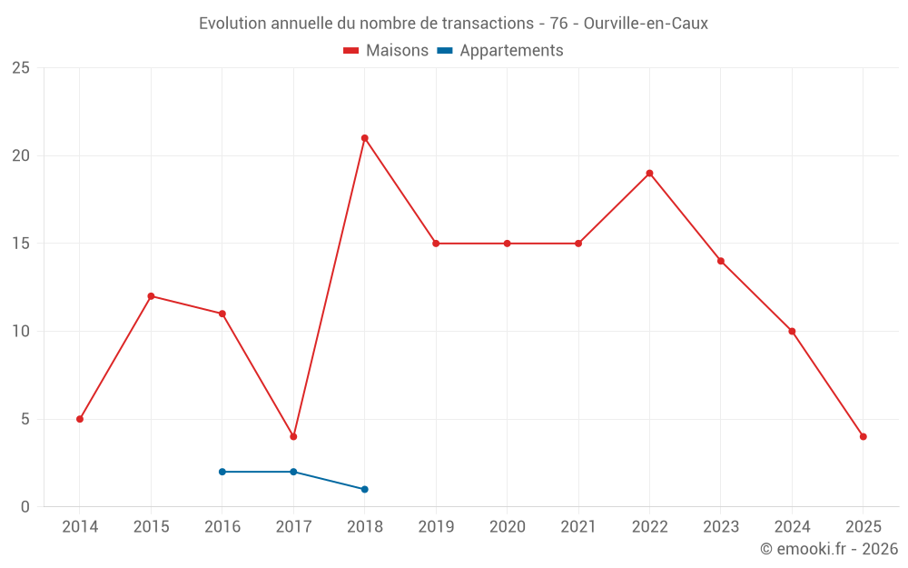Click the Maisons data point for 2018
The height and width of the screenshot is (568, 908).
[x=364, y=138]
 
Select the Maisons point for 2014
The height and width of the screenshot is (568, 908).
[x=80, y=419]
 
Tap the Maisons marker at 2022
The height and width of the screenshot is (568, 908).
[x=649, y=173]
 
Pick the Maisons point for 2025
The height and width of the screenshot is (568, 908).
[x=863, y=436]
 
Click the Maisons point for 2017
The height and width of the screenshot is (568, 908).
[x=293, y=436]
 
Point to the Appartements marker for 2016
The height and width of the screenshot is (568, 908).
[x=222, y=472]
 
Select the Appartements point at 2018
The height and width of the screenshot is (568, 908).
[x=364, y=489]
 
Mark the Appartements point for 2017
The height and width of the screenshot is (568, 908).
[x=293, y=472]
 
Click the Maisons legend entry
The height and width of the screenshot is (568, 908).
[x=386, y=51]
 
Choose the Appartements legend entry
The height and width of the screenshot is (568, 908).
[x=501, y=51]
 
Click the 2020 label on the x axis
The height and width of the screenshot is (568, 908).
[x=507, y=527]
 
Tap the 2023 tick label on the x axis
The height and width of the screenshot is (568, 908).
[x=720, y=527]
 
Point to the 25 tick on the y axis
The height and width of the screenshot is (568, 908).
[x=21, y=68]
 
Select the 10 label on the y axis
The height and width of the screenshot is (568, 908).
[x=21, y=332]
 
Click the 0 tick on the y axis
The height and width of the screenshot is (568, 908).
[x=25, y=507]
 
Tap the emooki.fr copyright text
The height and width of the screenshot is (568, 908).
[x=829, y=549]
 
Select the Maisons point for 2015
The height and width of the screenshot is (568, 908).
[x=151, y=296]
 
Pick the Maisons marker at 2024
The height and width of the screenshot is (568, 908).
[x=792, y=331]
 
